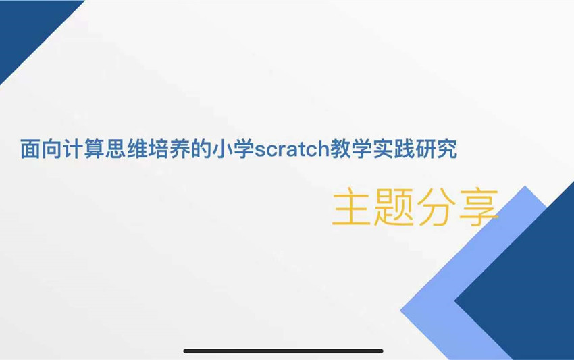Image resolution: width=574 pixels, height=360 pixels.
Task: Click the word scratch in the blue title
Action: coord(292,149)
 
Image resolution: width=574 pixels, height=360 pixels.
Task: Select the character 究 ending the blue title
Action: coord(447,149)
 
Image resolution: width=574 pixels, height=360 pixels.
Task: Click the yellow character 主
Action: coord(350,206)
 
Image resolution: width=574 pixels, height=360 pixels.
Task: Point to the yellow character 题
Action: coord(393,207)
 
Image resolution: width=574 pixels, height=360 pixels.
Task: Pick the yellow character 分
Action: coord(434,207)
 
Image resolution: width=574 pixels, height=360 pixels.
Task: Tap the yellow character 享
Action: coord(477,207)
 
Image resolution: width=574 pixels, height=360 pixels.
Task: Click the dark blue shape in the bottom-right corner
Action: coord(527,293)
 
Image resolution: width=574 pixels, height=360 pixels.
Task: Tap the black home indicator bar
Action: coord(283,351)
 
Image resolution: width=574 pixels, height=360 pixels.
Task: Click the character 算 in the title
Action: coord(94,149)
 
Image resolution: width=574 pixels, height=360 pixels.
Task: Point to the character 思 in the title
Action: coord(115,149)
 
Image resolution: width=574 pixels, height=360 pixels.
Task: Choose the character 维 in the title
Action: coord(137,149)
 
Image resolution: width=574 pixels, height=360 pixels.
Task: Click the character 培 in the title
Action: coord(158,149)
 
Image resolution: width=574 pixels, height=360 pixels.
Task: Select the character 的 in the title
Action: coord(201,149)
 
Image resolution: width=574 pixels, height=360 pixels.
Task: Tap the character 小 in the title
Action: coord(222,149)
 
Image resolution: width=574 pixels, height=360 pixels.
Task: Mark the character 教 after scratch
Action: coord(340,149)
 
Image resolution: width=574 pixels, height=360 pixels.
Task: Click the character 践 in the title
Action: coord(405,149)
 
